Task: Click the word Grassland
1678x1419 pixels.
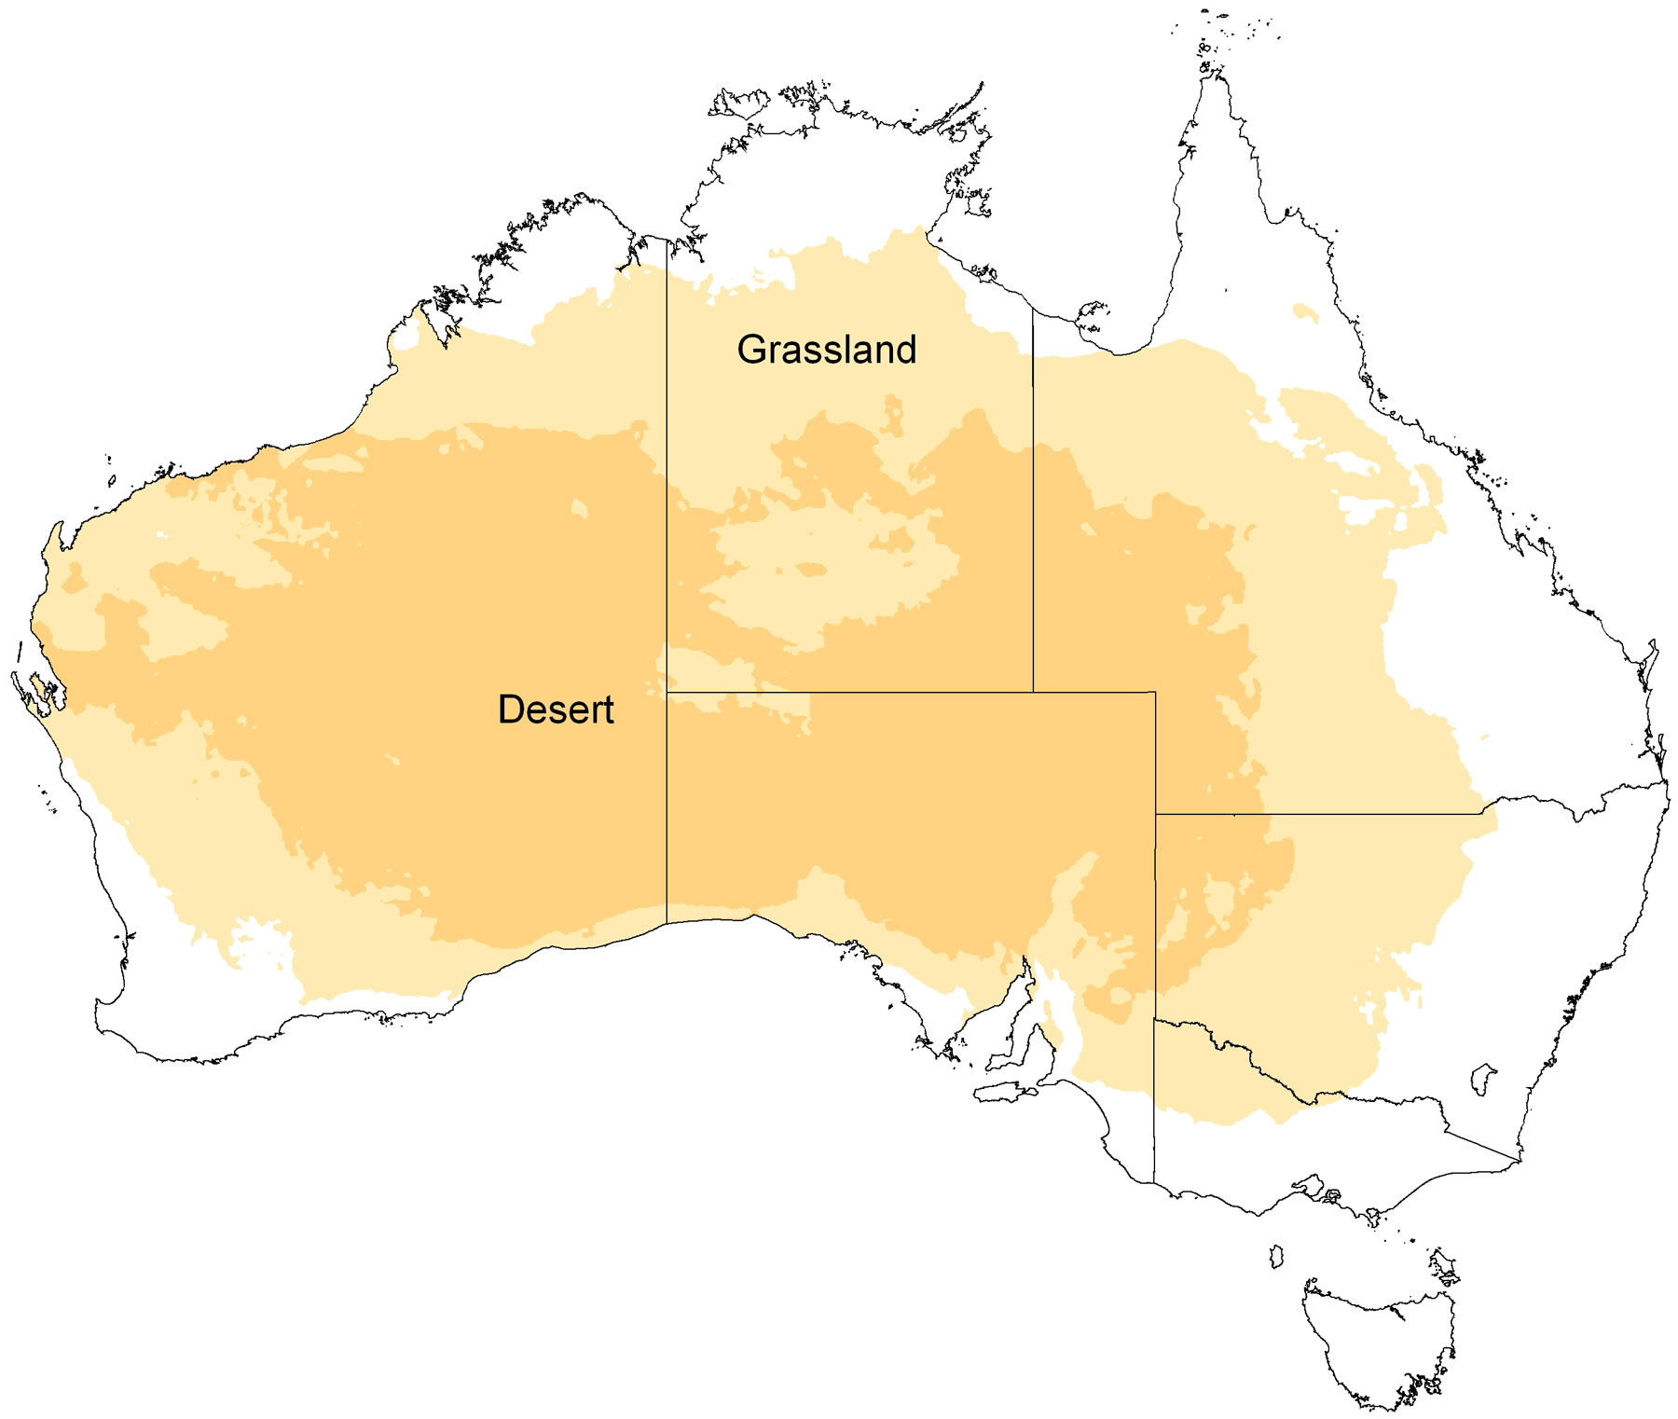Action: pos(826,350)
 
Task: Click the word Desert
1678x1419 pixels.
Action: pos(556,709)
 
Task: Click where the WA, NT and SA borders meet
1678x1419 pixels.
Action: pos(667,693)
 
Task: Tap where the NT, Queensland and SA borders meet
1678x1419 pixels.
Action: pos(1033,692)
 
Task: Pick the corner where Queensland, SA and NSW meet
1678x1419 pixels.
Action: pos(1156,814)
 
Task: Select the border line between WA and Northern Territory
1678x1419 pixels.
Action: pos(667,466)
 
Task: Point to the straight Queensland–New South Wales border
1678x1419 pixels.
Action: pos(1324,814)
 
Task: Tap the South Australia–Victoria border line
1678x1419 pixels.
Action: pos(1155,1100)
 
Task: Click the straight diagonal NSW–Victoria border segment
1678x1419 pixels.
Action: pos(1482,1147)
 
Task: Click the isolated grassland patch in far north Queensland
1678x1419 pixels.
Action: pos(1306,312)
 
